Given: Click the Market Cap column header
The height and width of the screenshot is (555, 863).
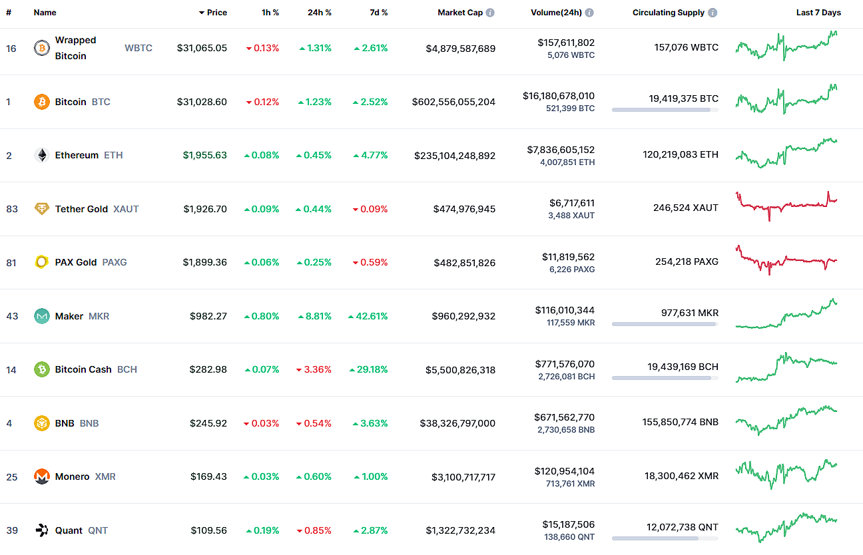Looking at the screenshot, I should click(x=459, y=13).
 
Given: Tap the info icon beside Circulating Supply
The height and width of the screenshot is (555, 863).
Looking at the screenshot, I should click(x=713, y=13).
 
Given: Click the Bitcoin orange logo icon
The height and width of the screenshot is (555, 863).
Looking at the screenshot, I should click(x=42, y=102).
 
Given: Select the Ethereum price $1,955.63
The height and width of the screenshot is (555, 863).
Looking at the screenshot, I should click(x=204, y=155).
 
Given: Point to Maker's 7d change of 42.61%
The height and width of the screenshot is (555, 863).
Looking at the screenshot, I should click(x=368, y=316).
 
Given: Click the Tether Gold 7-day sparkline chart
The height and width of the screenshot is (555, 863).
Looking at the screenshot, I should click(x=786, y=206).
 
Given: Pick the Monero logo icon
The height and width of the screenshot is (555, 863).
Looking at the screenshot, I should click(x=42, y=476).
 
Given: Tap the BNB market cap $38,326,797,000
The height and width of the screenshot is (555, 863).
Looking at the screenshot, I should click(x=457, y=423).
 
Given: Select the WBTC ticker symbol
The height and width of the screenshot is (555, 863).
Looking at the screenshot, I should click(x=139, y=48).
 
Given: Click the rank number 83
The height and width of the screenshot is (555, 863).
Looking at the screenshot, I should click(x=12, y=209).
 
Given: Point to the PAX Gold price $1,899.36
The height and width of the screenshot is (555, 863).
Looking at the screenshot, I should click(x=204, y=262).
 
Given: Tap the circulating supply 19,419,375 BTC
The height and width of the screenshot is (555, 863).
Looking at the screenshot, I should click(x=683, y=98).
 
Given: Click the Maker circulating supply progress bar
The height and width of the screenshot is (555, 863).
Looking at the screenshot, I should click(x=665, y=324).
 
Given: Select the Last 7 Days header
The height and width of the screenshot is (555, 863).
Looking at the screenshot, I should click(x=818, y=13).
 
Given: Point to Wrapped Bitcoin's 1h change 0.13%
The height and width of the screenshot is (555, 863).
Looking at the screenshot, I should click(x=262, y=48).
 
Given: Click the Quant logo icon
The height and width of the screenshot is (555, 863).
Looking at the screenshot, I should click(x=42, y=530).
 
